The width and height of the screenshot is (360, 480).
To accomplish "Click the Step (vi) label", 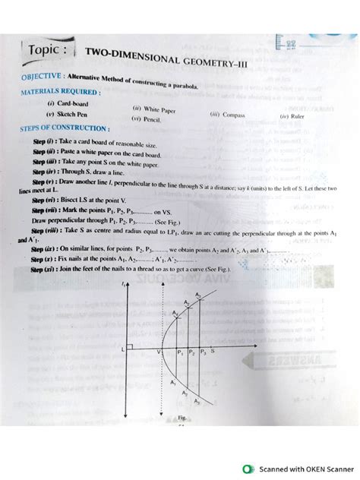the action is (x=46, y=196).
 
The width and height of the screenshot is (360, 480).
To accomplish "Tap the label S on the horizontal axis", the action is (x=213, y=352).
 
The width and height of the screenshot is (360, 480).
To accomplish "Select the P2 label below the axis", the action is (x=192, y=353).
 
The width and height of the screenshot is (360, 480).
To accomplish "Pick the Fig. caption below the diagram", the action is (x=183, y=417).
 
